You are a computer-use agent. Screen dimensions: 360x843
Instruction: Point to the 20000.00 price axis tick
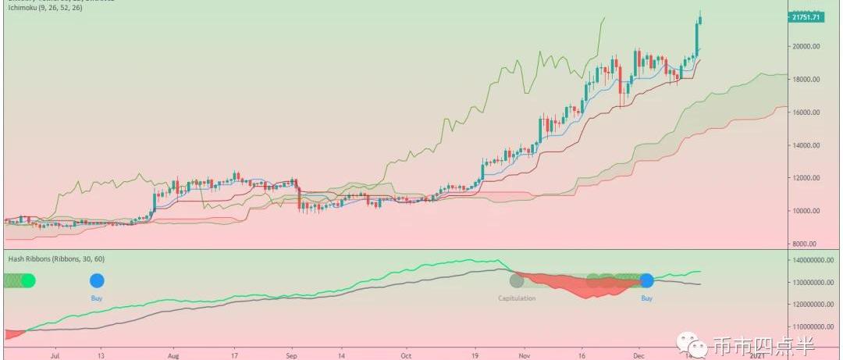(x=806, y=46)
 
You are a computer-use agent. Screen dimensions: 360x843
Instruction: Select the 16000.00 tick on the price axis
(x=806, y=112)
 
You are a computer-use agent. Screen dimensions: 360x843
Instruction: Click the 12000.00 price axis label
(x=806, y=178)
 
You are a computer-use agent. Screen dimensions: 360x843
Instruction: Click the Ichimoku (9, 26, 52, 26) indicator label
(x=44, y=6)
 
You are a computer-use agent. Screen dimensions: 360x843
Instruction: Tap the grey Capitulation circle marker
(x=516, y=280)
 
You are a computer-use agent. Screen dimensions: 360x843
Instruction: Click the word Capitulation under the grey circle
(x=517, y=298)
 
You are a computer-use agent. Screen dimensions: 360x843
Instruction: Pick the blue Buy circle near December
(x=646, y=280)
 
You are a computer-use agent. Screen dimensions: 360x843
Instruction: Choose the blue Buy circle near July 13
(x=97, y=280)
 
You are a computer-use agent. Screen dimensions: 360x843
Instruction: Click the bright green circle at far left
(x=27, y=280)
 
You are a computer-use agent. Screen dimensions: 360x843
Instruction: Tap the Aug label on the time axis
(x=173, y=354)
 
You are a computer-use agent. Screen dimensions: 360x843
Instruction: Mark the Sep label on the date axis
(x=290, y=354)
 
